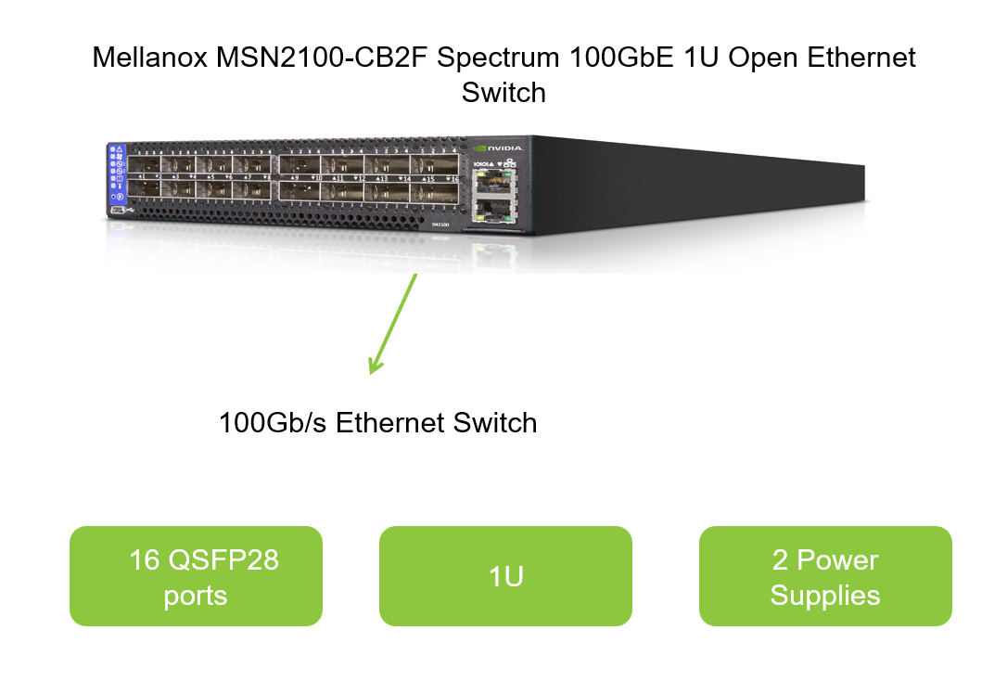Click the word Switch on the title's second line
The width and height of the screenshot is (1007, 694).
click(503, 93)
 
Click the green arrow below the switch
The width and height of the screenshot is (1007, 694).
click(394, 323)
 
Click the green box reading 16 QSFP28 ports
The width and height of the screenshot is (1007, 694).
click(196, 576)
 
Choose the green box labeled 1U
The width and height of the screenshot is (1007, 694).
click(505, 576)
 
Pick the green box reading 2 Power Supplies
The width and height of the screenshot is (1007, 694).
click(824, 576)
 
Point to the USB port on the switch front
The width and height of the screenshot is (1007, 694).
click(116, 211)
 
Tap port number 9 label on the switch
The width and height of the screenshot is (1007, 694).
click(293, 176)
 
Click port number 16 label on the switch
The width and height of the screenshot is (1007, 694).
click(453, 177)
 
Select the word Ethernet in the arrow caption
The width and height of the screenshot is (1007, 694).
click(392, 423)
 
